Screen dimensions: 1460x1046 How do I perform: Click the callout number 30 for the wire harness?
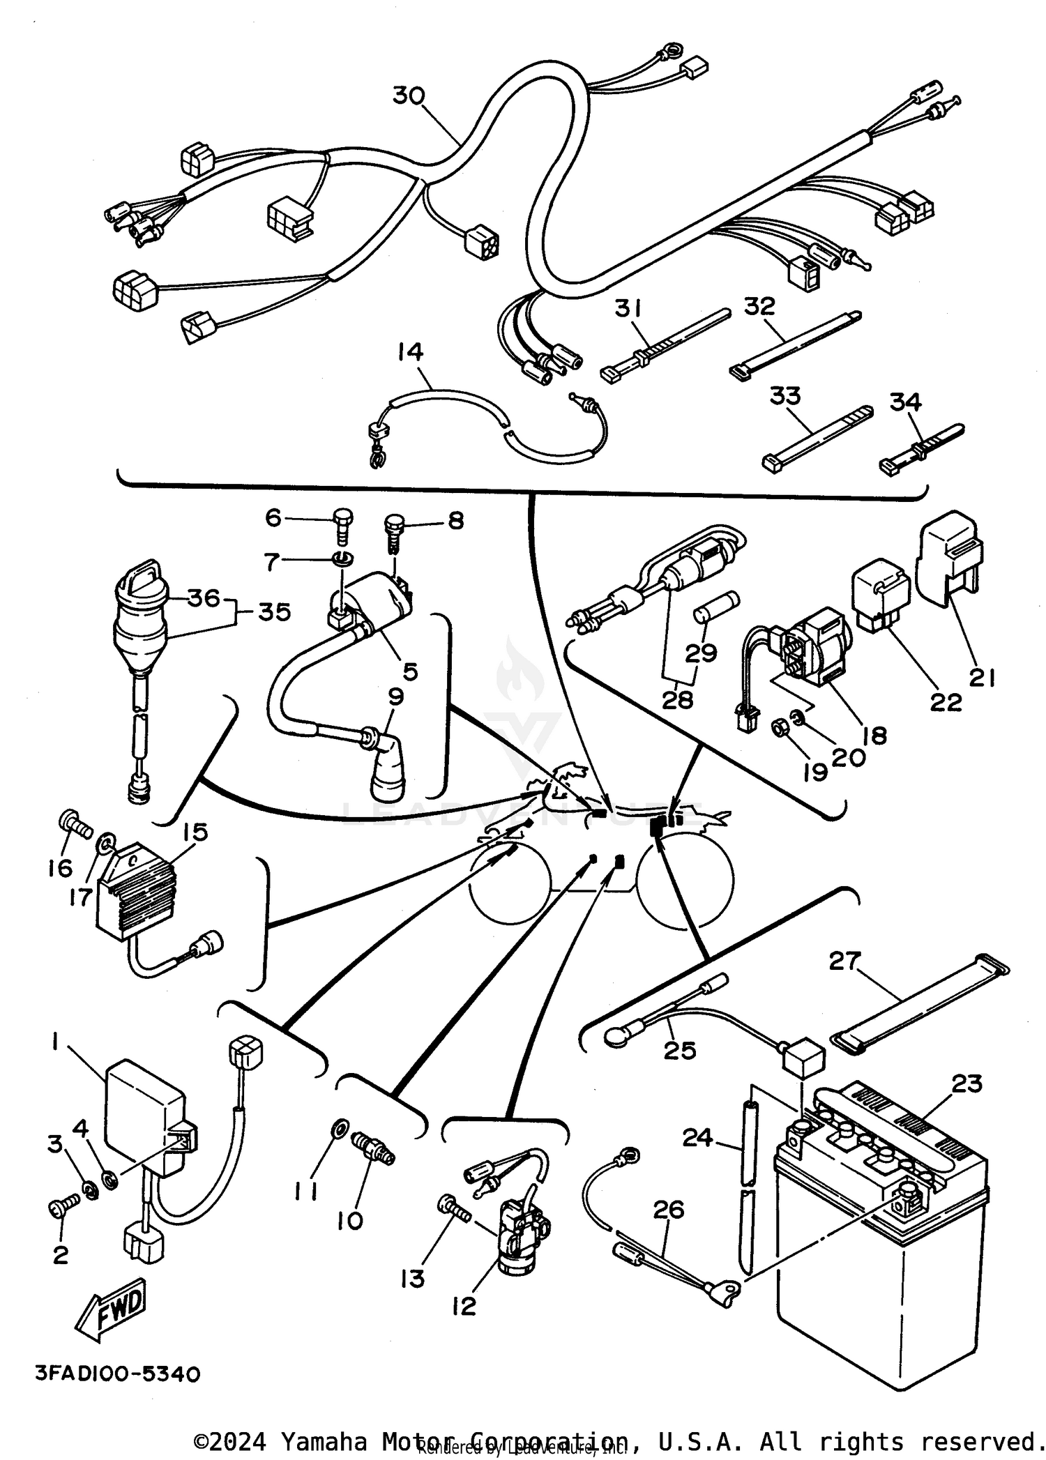pos(409,96)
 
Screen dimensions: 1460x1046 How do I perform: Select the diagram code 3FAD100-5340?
pos(118,1374)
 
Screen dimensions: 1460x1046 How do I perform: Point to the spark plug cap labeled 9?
pos(388,767)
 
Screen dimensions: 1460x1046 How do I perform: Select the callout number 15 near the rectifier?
pos(195,833)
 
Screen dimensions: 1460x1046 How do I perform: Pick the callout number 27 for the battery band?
pos(845,961)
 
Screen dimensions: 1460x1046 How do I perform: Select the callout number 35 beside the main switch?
pos(274,612)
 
